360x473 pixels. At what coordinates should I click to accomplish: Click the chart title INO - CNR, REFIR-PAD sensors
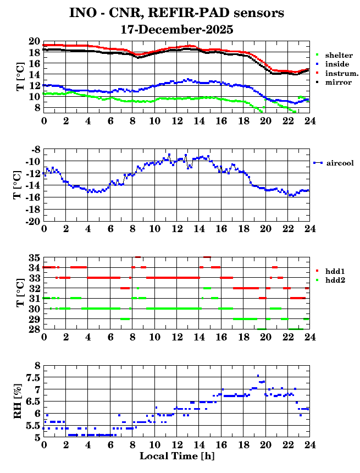(176, 13)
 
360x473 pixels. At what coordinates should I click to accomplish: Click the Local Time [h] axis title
(176, 456)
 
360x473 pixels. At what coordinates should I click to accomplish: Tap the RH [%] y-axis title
(18, 402)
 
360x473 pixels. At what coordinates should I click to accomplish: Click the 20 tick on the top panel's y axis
(34, 42)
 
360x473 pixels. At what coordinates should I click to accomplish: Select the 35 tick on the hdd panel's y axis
(34, 257)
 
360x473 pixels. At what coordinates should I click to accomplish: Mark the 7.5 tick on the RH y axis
(32, 377)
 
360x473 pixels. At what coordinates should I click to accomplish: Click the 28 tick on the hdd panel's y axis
(34, 329)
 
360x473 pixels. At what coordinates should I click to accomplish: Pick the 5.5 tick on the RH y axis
(32, 425)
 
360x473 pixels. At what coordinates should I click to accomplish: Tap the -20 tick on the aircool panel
(32, 221)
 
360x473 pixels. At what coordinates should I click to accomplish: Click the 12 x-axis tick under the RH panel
(176, 444)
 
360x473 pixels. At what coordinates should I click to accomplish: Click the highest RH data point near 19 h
(258, 376)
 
